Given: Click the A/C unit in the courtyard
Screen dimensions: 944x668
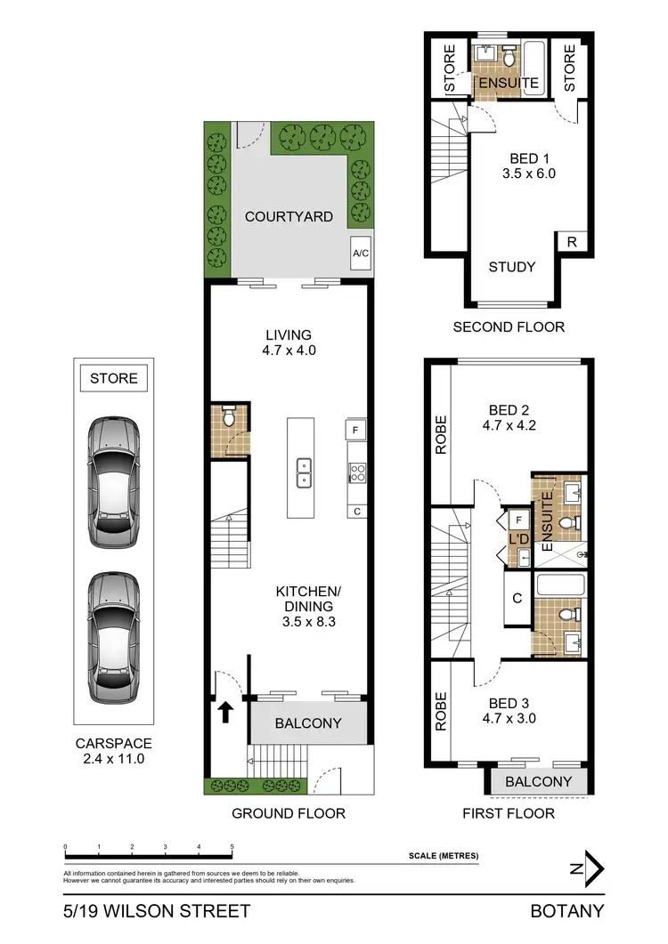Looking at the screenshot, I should click(x=361, y=253).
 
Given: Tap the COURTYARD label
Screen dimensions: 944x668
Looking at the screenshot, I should click(x=289, y=216).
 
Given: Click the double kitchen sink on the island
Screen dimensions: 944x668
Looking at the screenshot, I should click(x=304, y=472).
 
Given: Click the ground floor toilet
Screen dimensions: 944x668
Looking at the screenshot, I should click(x=229, y=417).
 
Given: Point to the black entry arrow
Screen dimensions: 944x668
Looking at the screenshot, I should click(x=226, y=711).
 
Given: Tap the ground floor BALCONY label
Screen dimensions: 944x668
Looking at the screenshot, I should click(x=307, y=723).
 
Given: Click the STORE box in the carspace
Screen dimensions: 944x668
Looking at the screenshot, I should click(x=114, y=378).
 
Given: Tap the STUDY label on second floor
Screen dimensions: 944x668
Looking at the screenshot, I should click(x=512, y=267).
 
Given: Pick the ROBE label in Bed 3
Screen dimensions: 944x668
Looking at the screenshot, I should click(x=440, y=713).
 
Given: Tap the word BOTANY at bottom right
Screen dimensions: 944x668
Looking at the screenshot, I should click(x=566, y=911).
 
